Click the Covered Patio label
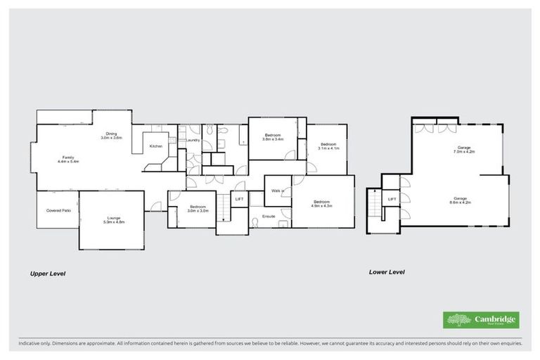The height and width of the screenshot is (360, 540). pyautogui.click(x=58, y=210)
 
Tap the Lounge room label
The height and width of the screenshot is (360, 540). pyautogui.click(x=114, y=219)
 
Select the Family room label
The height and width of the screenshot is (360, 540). pyautogui.click(x=68, y=159)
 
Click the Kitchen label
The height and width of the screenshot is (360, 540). pyautogui.click(x=156, y=146)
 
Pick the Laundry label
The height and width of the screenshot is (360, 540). pyautogui.click(x=193, y=141)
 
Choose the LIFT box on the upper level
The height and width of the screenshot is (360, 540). pyautogui.click(x=239, y=200)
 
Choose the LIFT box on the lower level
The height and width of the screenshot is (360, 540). pyautogui.click(x=392, y=200)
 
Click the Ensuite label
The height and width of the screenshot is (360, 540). pyautogui.click(x=269, y=216)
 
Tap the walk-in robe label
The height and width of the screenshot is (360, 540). pyautogui.click(x=277, y=191)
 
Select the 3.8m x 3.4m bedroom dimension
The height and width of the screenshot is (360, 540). pyautogui.click(x=273, y=139)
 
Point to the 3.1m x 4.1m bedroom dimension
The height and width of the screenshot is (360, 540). pyautogui.click(x=328, y=148)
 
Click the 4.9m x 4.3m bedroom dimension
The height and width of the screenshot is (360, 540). pyautogui.click(x=322, y=205)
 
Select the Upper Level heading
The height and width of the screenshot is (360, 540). pyautogui.click(x=47, y=274)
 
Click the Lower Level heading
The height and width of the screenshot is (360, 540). pyautogui.click(x=387, y=271)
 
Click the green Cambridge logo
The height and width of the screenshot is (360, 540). pyautogui.click(x=480, y=320)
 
